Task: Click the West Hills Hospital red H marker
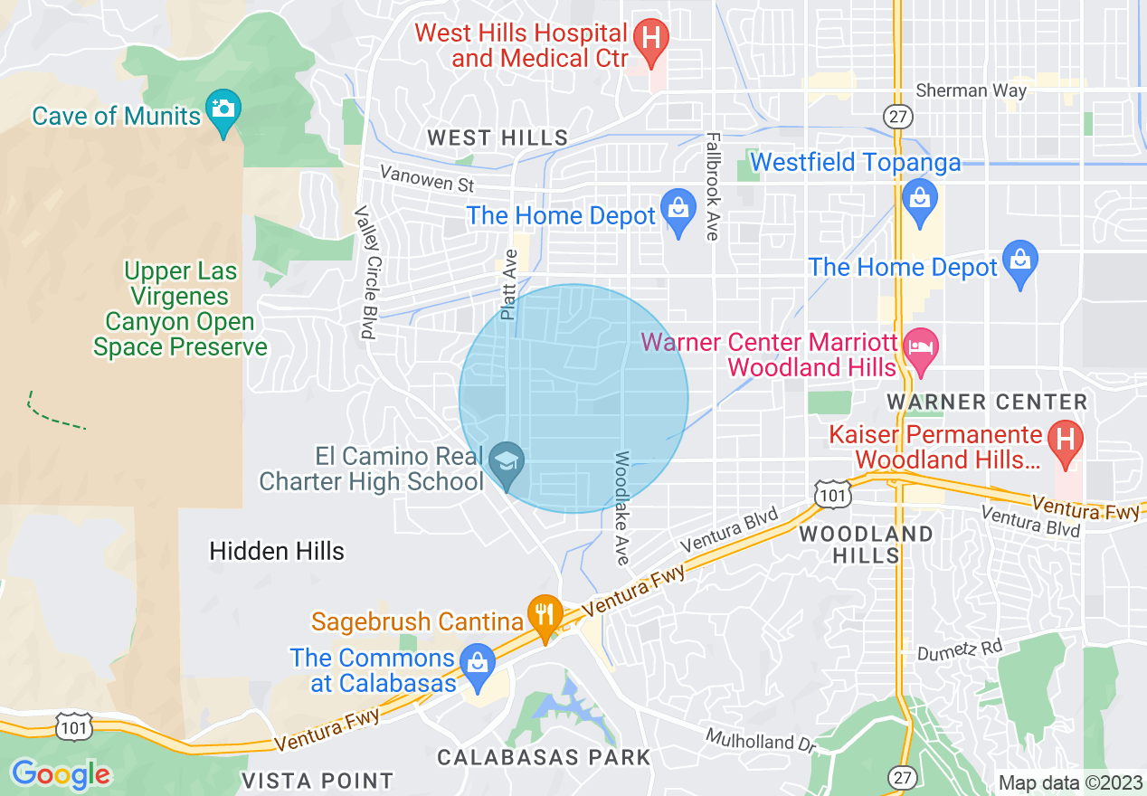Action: tap(649, 38)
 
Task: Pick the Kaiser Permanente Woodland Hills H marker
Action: tap(1065, 441)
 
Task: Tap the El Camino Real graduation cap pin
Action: tap(507, 460)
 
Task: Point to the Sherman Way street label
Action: tap(971, 90)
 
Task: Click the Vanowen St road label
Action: tap(427, 178)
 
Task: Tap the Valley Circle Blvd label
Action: tap(366, 272)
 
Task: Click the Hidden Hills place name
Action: tap(277, 551)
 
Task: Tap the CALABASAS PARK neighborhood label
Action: tap(544, 757)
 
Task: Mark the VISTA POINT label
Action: tap(318, 780)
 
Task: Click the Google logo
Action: tap(61, 774)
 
